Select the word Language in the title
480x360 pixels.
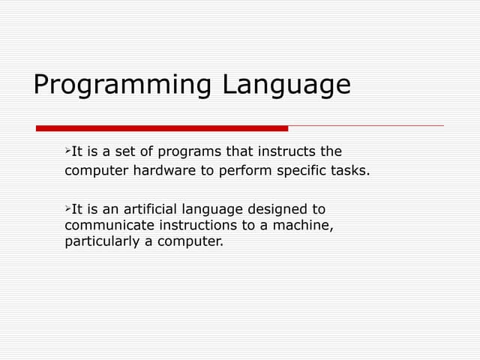(286, 85)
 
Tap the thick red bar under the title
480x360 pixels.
(162, 128)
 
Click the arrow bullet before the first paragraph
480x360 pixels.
(68, 151)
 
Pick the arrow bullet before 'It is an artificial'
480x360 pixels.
(68, 208)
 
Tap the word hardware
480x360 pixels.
(164, 170)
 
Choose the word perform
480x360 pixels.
(247, 170)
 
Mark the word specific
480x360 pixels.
(304, 170)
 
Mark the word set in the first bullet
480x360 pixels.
(129, 152)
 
